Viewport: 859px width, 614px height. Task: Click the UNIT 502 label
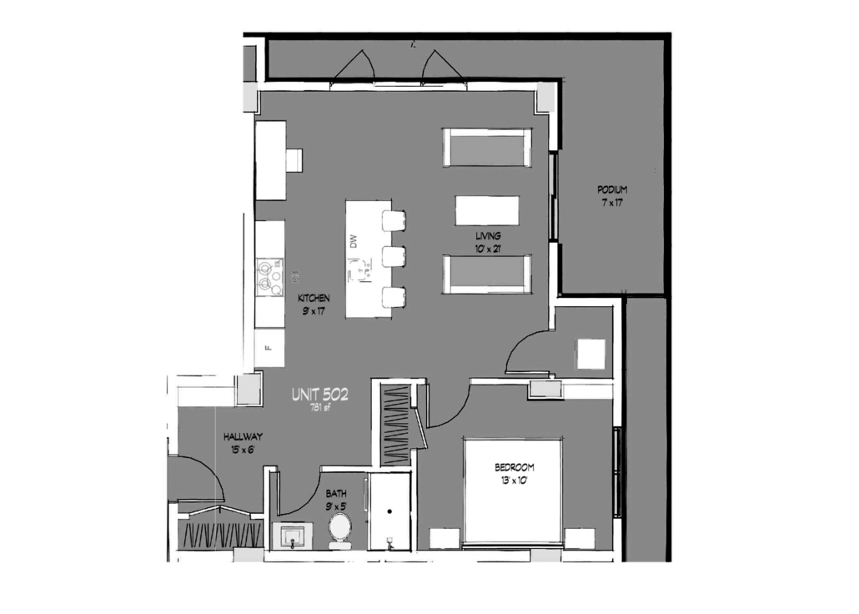tap(320, 394)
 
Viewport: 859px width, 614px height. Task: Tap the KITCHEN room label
tap(314, 298)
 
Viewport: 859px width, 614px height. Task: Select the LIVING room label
tap(488, 236)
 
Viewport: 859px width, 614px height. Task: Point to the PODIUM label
tap(612, 189)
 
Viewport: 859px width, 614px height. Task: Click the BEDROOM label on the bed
tap(515, 468)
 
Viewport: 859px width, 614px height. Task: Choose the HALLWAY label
tap(243, 437)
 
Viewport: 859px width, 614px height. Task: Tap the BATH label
tap(336, 493)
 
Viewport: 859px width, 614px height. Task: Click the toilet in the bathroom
tap(340, 530)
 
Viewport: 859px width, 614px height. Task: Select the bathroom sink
tap(293, 536)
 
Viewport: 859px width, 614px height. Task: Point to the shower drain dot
tap(389, 511)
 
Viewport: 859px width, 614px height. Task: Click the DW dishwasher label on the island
tap(354, 241)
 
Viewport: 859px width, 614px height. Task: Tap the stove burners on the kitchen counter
tap(269, 277)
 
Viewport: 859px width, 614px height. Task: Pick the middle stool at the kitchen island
tap(394, 257)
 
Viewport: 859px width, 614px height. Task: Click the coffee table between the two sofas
tap(487, 210)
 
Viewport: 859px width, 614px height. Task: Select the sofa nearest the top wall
tap(486, 148)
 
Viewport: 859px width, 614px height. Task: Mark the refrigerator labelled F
tap(269, 348)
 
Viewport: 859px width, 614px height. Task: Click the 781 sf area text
tap(320, 407)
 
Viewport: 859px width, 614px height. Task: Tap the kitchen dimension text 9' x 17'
tap(314, 311)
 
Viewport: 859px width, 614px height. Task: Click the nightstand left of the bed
tap(444, 538)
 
